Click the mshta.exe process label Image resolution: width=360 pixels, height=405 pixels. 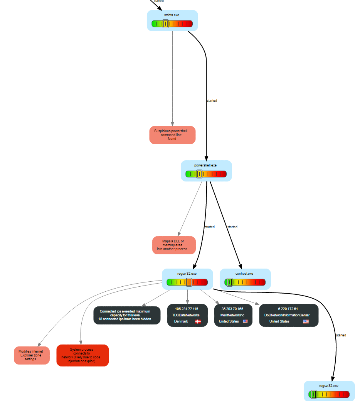(172, 15)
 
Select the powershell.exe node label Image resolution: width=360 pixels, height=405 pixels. (205, 165)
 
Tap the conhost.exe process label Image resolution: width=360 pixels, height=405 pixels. (244, 274)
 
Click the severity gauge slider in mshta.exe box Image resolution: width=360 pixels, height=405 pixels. (165, 24)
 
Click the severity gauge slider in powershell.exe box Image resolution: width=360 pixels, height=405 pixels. (199, 174)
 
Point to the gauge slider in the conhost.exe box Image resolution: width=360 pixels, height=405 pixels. (230, 282)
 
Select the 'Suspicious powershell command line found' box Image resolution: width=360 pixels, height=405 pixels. (172, 135)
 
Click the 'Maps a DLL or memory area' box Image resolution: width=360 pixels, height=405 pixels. (174, 245)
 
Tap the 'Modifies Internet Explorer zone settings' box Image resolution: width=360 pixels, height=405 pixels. (32, 355)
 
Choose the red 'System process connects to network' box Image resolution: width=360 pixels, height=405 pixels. (82, 355)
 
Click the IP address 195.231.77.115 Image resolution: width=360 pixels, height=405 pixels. (187, 309)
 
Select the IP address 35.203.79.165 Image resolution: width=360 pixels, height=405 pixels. (233, 309)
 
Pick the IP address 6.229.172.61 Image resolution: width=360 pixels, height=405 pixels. (288, 309)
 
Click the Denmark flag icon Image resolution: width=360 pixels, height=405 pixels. (198, 321)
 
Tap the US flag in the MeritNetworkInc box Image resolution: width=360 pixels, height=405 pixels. (245, 321)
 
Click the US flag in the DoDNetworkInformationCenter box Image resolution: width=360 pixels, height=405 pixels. (306, 321)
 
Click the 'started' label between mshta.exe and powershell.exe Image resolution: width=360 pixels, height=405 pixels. (212, 101)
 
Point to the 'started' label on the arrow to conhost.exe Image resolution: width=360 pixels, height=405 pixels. (232, 227)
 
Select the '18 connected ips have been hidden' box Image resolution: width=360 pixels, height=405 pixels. (127, 315)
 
